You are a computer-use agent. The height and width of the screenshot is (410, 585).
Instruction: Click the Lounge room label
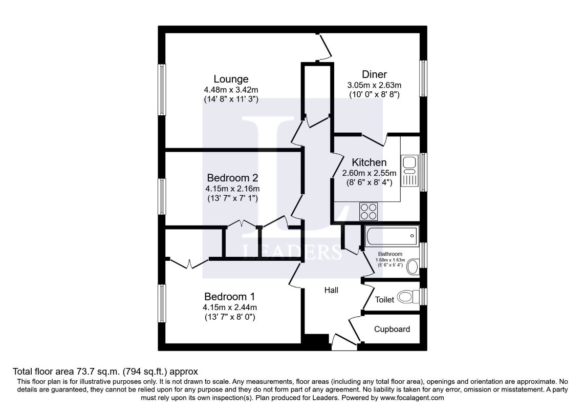(x=231, y=79)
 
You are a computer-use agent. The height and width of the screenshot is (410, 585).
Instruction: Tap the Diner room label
(x=374, y=74)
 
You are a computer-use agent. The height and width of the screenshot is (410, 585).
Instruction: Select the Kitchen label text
(x=369, y=162)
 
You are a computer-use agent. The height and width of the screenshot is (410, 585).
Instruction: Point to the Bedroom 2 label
(x=232, y=178)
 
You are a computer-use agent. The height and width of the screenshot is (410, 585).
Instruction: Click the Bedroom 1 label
(x=229, y=296)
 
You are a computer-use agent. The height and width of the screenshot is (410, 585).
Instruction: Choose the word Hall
(x=331, y=290)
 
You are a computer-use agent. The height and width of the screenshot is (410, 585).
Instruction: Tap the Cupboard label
(x=392, y=329)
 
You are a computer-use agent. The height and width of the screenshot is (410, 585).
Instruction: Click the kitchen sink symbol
(x=409, y=163)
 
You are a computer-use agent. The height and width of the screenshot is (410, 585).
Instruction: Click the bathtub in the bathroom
(x=391, y=236)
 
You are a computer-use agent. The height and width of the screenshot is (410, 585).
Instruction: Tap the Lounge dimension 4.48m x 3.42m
(x=231, y=90)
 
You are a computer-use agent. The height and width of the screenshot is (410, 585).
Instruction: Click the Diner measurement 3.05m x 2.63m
(x=374, y=85)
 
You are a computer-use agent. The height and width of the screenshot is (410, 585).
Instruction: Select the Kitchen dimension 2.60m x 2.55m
(x=369, y=173)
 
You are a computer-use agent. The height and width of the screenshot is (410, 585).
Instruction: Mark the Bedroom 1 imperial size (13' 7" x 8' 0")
(x=229, y=317)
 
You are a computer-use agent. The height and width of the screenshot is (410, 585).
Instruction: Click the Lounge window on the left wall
(x=162, y=90)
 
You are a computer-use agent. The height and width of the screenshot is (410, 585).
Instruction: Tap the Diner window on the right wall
(x=423, y=78)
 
